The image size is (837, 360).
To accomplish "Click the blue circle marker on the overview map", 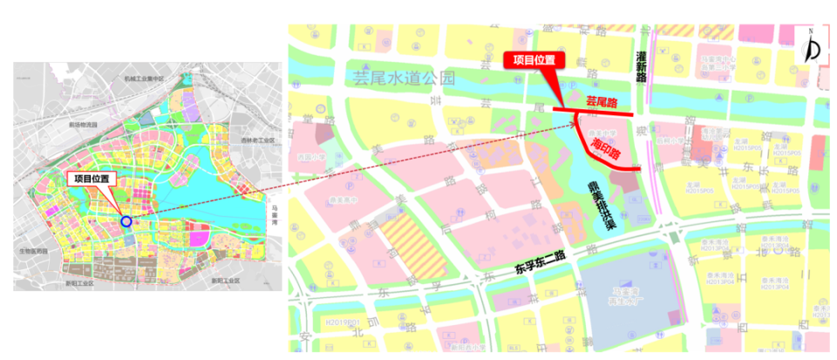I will tap(126, 221).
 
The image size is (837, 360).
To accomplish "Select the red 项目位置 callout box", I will tap(534, 60).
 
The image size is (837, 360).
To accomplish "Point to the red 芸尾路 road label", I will tap(601, 101).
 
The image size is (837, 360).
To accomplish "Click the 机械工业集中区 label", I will tap(144, 78).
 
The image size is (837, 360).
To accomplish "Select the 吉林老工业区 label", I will tap(258, 139).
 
